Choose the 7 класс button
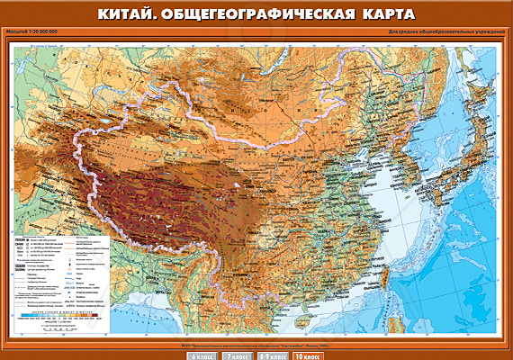(x=238, y=355)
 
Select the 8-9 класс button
(x=273, y=355)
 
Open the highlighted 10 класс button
(x=307, y=355)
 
